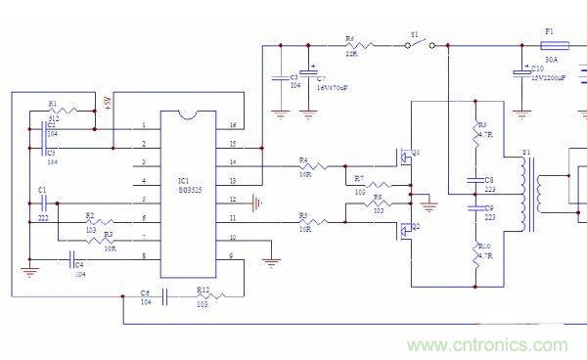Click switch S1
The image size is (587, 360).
[x=417, y=44]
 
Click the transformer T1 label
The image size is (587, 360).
[x=527, y=153]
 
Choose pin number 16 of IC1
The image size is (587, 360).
[x=232, y=126]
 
